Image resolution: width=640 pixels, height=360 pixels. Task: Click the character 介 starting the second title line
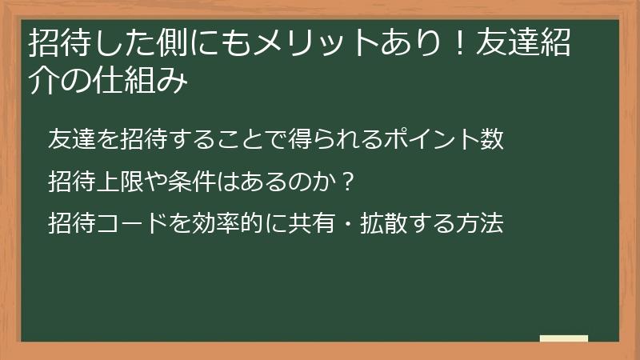click(x=42, y=82)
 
